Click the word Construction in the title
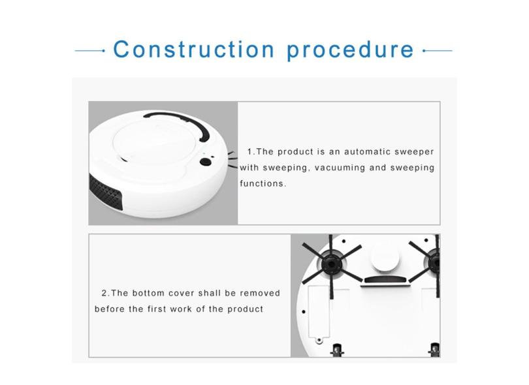[x=194, y=50]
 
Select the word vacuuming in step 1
[x=340, y=168]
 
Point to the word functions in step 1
[x=263, y=183]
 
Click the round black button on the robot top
[x=206, y=162]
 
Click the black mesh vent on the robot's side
[x=105, y=192]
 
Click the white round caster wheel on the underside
[x=385, y=258]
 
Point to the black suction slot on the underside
[x=385, y=279]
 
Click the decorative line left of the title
[x=89, y=51]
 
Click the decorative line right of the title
[x=437, y=51]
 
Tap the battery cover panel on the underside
[x=319, y=312]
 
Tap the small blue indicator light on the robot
[x=204, y=154]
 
